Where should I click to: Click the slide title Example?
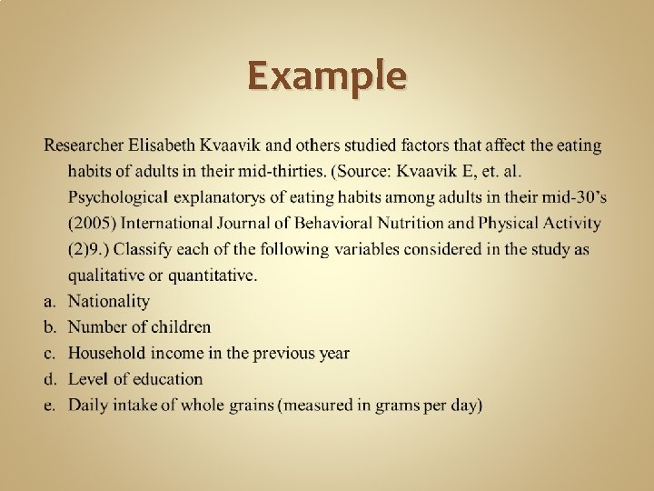click(x=327, y=75)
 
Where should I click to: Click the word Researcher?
click(x=84, y=145)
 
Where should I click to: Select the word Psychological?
click(x=118, y=196)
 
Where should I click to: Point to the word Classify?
click(x=145, y=248)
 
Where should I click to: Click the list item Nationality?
click(x=109, y=301)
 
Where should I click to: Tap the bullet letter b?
click(x=50, y=326)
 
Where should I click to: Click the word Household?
click(x=107, y=353)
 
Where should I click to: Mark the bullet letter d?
click(x=50, y=379)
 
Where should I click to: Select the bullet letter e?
click(x=50, y=406)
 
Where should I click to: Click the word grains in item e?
click(x=253, y=406)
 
